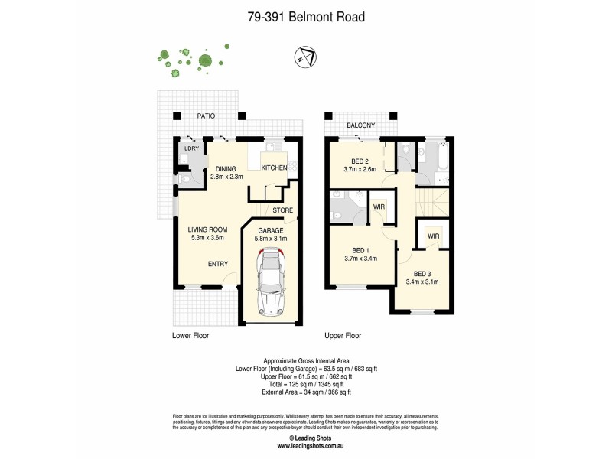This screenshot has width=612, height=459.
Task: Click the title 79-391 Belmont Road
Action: pyautogui.click(x=306, y=15)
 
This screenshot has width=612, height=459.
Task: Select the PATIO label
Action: pyautogui.click(x=204, y=116)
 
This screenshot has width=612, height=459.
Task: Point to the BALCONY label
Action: pyautogui.click(x=361, y=125)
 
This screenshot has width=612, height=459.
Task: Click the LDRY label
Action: pyautogui.click(x=190, y=148)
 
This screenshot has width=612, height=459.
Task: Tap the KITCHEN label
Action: pyautogui.click(x=274, y=168)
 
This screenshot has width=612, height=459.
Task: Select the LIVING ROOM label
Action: pyautogui.click(x=209, y=228)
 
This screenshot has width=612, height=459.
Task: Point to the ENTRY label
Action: pyautogui.click(x=218, y=264)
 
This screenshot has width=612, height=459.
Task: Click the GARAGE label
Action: pyautogui.click(x=270, y=229)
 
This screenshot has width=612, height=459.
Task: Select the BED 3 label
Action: pyautogui.click(x=422, y=274)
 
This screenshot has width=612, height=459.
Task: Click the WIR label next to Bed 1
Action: pyautogui.click(x=379, y=206)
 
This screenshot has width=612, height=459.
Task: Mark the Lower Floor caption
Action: pyautogui.click(x=190, y=335)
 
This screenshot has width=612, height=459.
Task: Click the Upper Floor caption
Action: pyautogui.click(x=343, y=335)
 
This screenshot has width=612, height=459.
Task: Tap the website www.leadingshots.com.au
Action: pyautogui.click(x=306, y=445)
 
